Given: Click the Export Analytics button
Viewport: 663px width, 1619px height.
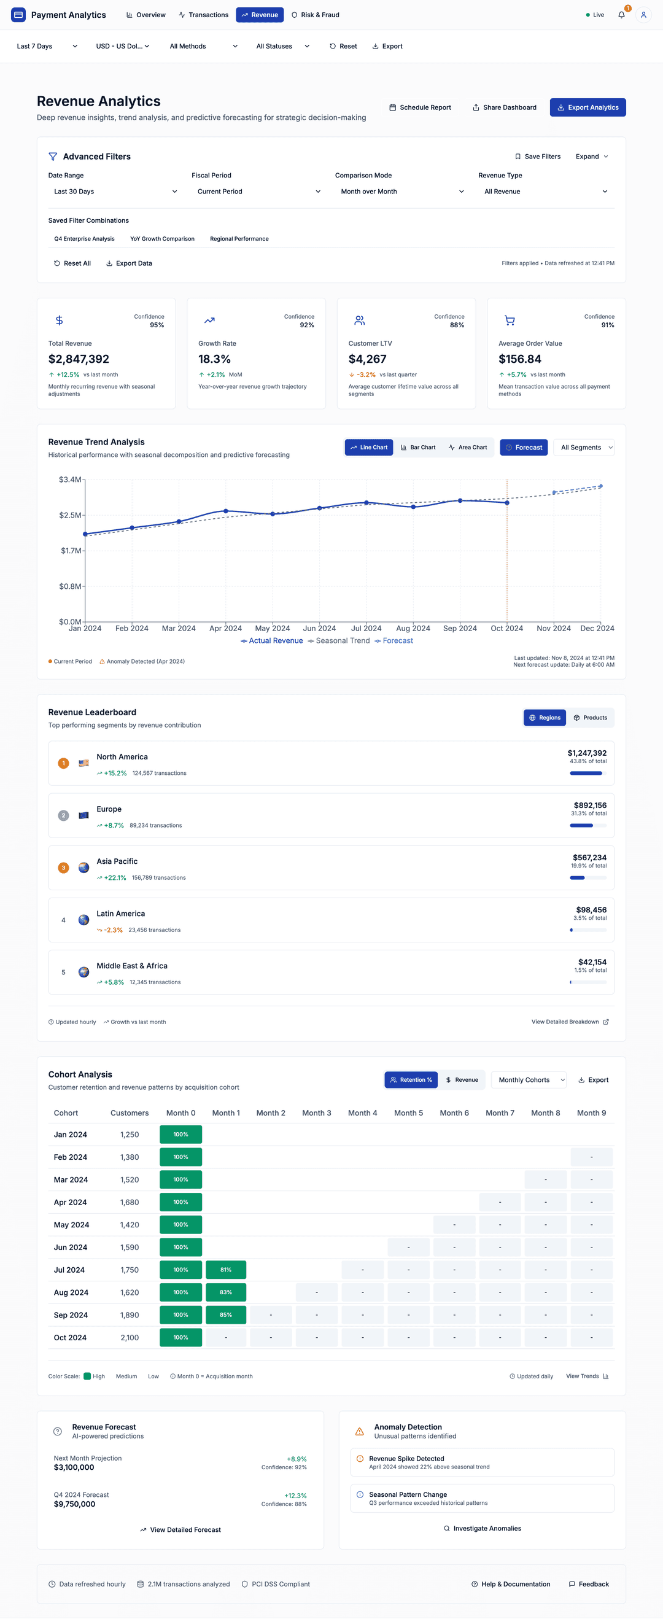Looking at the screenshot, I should pyautogui.click(x=587, y=107).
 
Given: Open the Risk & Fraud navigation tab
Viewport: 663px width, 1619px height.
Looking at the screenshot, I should pyautogui.click(x=316, y=15).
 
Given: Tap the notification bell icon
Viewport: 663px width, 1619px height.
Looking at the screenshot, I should pyautogui.click(x=621, y=15).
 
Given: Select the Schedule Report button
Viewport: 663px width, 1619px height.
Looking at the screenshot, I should pyautogui.click(x=420, y=107).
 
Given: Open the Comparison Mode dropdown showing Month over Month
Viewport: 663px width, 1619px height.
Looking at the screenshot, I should pyautogui.click(x=402, y=192).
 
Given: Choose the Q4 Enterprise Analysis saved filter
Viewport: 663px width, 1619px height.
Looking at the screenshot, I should pyautogui.click(x=84, y=239).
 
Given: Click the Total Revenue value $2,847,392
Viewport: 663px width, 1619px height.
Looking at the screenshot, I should pyautogui.click(x=79, y=359).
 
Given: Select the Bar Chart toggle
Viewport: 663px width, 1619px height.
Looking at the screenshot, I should pyautogui.click(x=418, y=448).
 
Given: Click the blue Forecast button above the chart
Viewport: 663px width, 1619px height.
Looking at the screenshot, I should pyautogui.click(x=524, y=448).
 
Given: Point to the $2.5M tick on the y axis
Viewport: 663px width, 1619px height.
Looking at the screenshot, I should pyautogui.click(x=71, y=515).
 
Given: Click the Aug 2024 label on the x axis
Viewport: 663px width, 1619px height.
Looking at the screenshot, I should pyautogui.click(x=413, y=629).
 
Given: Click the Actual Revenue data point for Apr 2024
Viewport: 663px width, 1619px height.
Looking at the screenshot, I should pyautogui.click(x=226, y=511).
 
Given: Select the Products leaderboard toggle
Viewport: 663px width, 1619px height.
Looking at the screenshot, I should pyautogui.click(x=590, y=718).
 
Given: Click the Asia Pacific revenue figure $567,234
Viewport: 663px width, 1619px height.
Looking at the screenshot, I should pyautogui.click(x=589, y=858).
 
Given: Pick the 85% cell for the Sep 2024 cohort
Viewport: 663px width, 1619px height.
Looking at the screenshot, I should pyautogui.click(x=226, y=1315).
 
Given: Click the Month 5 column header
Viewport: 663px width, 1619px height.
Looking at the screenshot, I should pyautogui.click(x=408, y=1113).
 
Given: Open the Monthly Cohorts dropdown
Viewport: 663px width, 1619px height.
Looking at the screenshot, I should pyautogui.click(x=529, y=1081).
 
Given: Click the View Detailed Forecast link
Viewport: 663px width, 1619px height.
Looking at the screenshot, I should pyautogui.click(x=180, y=1530).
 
